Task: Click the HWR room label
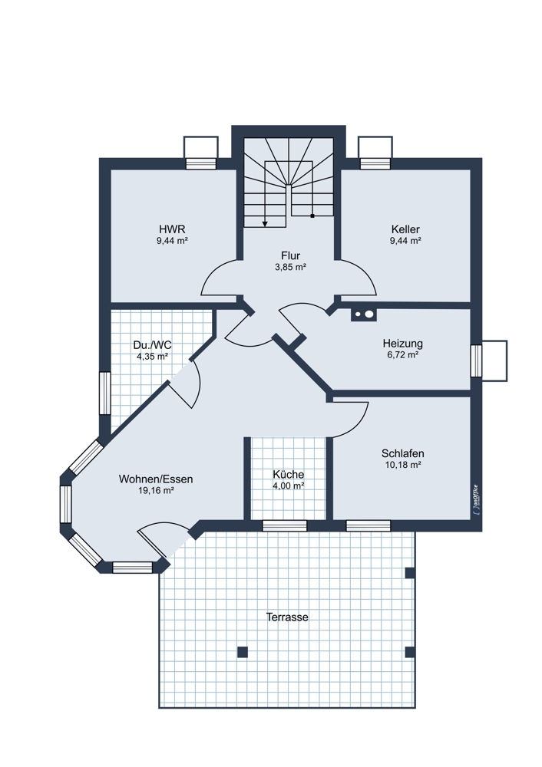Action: pyautogui.click(x=172, y=229)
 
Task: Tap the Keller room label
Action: pyautogui.click(x=405, y=229)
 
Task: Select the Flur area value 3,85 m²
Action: pyautogui.click(x=290, y=267)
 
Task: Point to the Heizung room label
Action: pyautogui.click(x=402, y=344)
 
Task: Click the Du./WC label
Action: pyautogui.click(x=152, y=345)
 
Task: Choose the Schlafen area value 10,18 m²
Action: pyautogui.click(x=403, y=465)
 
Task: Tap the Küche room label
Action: pyautogui.click(x=289, y=474)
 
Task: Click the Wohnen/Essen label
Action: pyautogui.click(x=156, y=479)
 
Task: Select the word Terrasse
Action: pyautogui.click(x=287, y=617)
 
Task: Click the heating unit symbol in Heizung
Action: pyautogui.click(x=364, y=314)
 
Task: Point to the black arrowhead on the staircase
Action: pyautogui.click(x=265, y=223)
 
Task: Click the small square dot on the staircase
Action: pyautogui.click(x=312, y=216)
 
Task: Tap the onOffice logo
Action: pyautogui.click(x=475, y=499)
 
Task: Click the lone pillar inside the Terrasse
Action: pyautogui.click(x=243, y=652)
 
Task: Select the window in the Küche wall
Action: pyautogui.click(x=285, y=526)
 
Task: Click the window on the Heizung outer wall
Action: pyautogui.click(x=476, y=361)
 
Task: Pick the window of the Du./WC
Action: pyautogui.click(x=104, y=393)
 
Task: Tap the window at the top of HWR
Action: pyautogui.click(x=200, y=163)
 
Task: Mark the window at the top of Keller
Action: pyautogui.click(x=375, y=163)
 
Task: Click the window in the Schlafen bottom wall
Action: pyautogui.click(x=368, y=526)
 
